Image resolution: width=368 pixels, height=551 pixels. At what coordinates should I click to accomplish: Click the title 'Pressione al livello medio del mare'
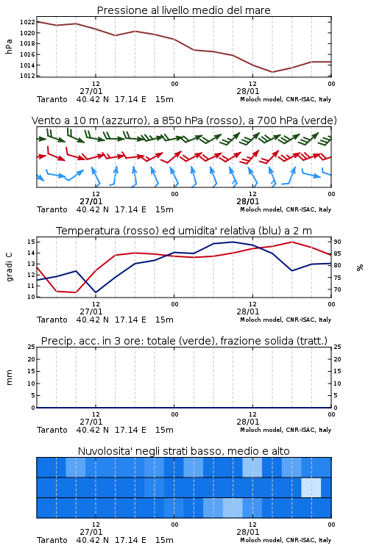(x=183, y=10)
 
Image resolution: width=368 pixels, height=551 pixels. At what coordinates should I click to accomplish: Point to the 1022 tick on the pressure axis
(x=27, y=22)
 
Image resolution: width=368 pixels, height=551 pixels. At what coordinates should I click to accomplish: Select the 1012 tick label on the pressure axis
(x=27, y=76)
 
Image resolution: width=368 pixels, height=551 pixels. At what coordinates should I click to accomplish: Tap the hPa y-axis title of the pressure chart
(x=9, y=46)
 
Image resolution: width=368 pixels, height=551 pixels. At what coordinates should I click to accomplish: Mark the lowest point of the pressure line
(x=272, y=72)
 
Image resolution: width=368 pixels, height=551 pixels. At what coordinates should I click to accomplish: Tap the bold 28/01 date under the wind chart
(x=248, y=201)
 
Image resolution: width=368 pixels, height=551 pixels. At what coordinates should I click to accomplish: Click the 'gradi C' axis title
(x=10, y=267)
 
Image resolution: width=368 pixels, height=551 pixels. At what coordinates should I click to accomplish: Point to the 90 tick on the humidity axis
(x=337, y=242)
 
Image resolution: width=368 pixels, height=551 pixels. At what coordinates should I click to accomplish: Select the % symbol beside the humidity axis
(x=360, y=267)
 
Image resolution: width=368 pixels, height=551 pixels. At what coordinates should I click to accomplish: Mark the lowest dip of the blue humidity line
(x=96, y=292)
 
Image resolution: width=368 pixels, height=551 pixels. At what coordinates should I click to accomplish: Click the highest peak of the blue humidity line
(x=233, y=242)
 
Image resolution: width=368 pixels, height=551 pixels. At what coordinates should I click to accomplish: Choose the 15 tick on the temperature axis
(x=31, y=242)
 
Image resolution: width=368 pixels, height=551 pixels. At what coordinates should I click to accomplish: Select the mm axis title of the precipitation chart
(x=9, y=378)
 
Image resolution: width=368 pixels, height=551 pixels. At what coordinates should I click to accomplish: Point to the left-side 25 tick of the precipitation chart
(x=31, y=347)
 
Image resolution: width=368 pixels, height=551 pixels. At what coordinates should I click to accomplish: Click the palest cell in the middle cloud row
(x=311, y=487)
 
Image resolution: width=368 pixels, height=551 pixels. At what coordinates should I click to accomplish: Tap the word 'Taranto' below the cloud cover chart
(x=52, y=540)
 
